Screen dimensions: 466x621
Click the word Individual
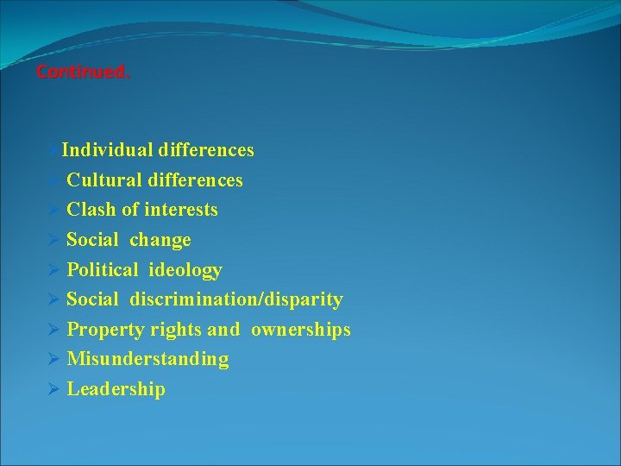107,150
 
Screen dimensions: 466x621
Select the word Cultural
104,180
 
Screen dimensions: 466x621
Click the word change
160,240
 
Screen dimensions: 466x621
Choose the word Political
102,270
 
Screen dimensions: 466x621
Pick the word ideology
185,270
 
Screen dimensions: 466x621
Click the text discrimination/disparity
236,299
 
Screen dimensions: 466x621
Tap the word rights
176,330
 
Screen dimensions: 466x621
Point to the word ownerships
301,330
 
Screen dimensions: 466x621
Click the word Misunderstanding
147,359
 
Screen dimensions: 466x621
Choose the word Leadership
116,389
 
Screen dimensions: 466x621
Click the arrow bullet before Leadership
53,389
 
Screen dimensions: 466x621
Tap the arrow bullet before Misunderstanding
53,359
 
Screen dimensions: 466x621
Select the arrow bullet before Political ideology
53,270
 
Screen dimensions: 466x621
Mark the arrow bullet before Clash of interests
53,210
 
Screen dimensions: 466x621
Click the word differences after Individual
205,150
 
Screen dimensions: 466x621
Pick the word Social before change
93,240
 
